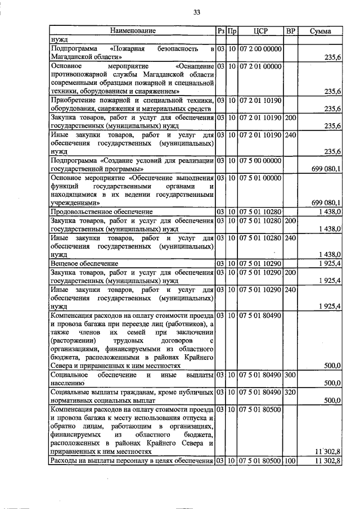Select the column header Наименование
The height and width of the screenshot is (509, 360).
click(x=132, y=30)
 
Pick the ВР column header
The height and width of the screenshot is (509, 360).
click(x=290, y=30)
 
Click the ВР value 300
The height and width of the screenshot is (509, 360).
click(x=290, y=374)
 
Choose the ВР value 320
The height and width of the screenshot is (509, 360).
click(x=290, y=391)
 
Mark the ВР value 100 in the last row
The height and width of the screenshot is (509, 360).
click(x=290, y=461)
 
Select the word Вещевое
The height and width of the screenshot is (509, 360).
click(x=64, y=263)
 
